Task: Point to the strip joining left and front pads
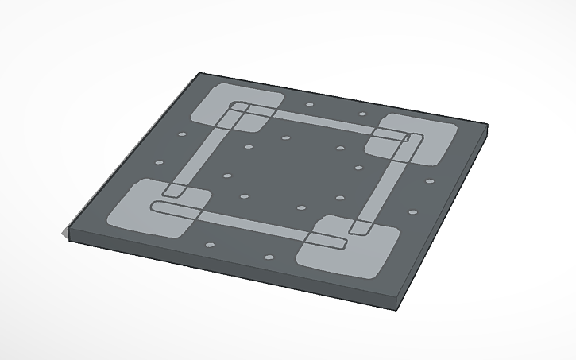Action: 238,219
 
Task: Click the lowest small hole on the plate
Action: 269,257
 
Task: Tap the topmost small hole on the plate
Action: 310,103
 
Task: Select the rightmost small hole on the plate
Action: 430,181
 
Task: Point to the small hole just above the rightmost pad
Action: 364,114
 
